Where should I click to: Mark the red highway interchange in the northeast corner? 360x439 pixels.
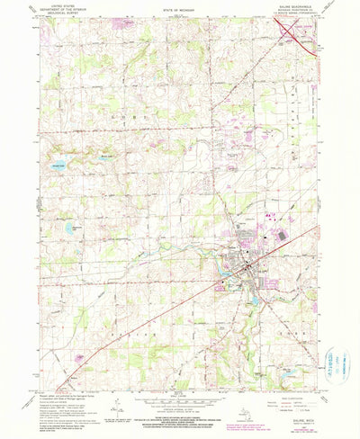point(298,39)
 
